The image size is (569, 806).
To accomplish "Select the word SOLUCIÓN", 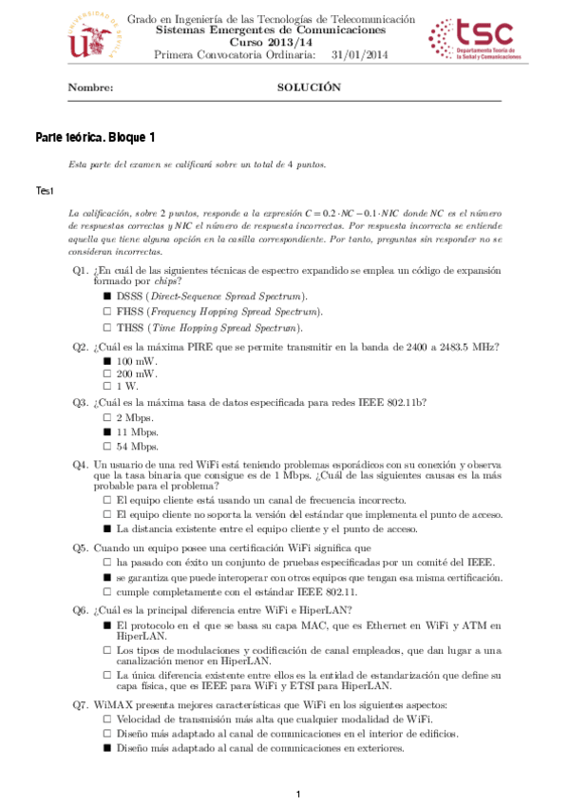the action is (308, 87).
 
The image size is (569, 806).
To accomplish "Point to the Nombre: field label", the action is (90, 87).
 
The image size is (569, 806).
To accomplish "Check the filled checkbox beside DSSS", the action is (107, 297).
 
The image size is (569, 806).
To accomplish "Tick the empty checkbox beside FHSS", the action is (107, 312).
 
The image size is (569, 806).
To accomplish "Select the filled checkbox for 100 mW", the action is (107, 361).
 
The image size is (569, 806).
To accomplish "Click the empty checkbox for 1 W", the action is (107, 387).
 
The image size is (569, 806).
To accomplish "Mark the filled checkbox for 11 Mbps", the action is (107, 432).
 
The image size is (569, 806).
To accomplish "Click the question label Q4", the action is (80, 464).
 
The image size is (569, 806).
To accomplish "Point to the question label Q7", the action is (80, 705).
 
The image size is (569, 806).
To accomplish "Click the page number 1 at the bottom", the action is (298, 794).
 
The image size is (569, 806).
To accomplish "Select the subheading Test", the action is (45, 191).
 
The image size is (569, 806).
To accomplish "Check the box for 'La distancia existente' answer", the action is (107, 528).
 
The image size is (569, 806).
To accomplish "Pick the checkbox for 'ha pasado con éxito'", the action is (107, 564).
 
